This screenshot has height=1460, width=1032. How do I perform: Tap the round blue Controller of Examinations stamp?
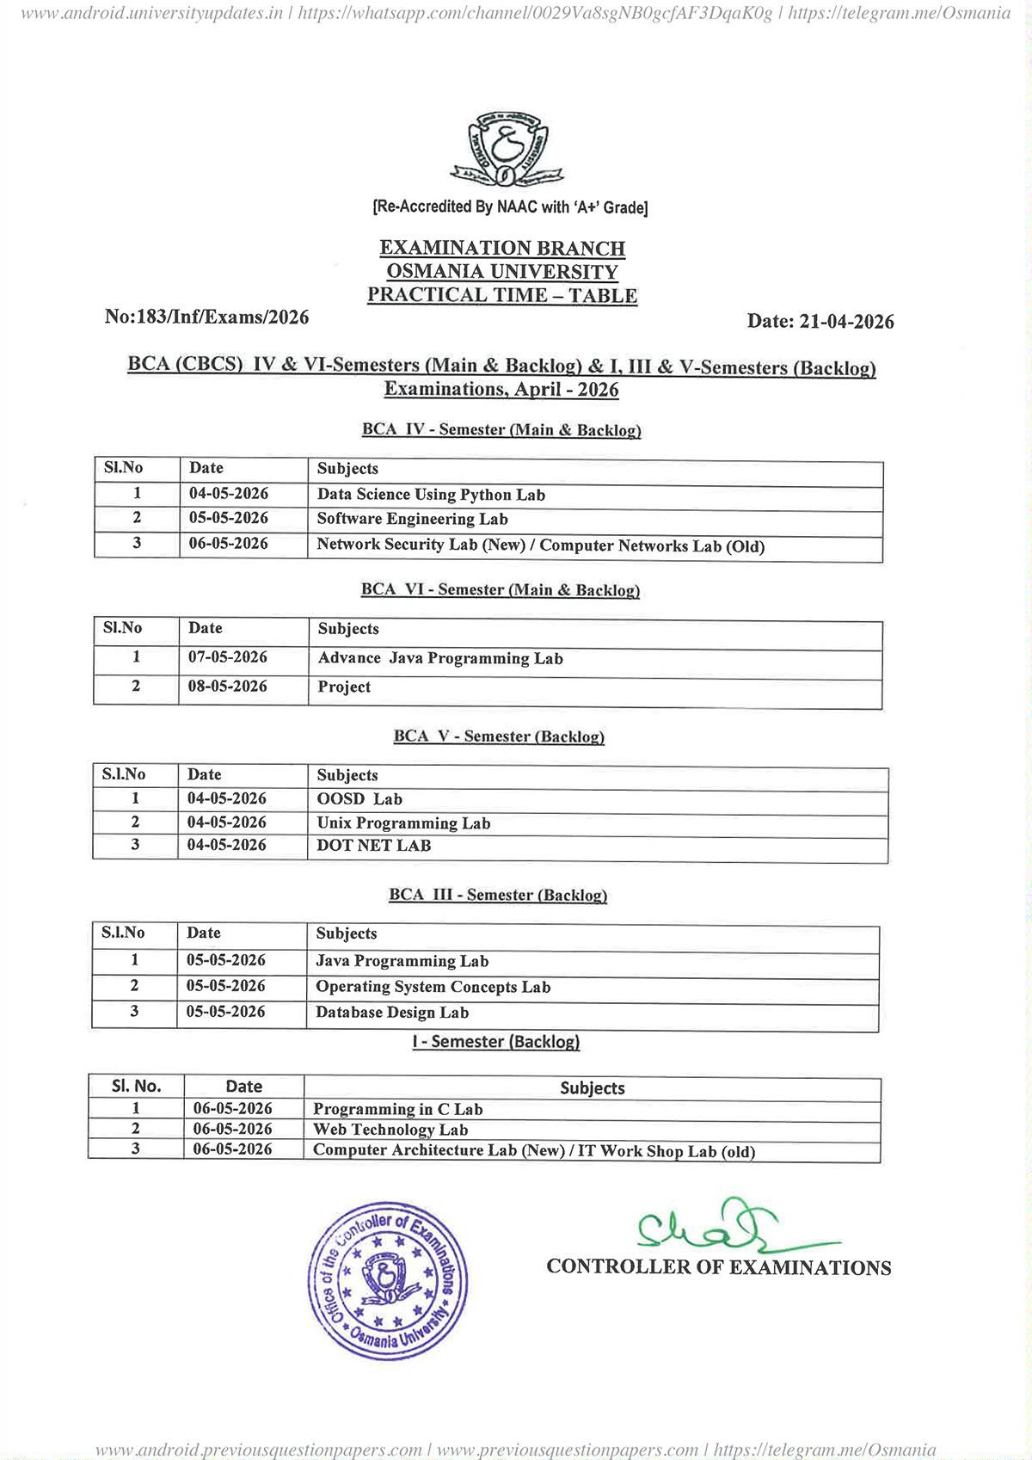[388, 1281]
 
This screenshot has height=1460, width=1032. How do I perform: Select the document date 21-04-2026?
[820, 322]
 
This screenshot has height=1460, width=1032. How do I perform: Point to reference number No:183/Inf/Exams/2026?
[206, 317]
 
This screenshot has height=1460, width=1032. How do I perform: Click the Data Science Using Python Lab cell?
[431, 495]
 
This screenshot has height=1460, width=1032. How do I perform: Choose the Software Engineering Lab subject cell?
[412, 519]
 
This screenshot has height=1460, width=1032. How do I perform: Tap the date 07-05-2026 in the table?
[228, 657]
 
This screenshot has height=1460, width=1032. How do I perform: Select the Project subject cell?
[344, 687]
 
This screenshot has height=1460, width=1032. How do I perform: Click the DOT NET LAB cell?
[374, 846]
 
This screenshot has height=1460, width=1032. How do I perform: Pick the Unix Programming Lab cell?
[403, 823]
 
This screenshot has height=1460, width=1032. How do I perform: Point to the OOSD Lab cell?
[359, 799]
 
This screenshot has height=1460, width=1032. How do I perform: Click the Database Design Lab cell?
[392, 1013]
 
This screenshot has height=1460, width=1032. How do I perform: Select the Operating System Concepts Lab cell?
[433, 987]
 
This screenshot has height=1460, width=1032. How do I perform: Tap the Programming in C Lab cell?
[397, 1110]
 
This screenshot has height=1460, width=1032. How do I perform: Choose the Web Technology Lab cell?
[390, 1130]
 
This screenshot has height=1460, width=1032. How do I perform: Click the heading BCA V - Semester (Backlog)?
[499, 737]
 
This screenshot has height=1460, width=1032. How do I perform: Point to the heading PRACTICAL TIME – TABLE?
[502, 295]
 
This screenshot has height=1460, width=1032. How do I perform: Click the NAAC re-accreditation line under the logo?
[510, 207]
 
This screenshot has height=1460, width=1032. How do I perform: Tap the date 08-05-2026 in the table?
[228, 687]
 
